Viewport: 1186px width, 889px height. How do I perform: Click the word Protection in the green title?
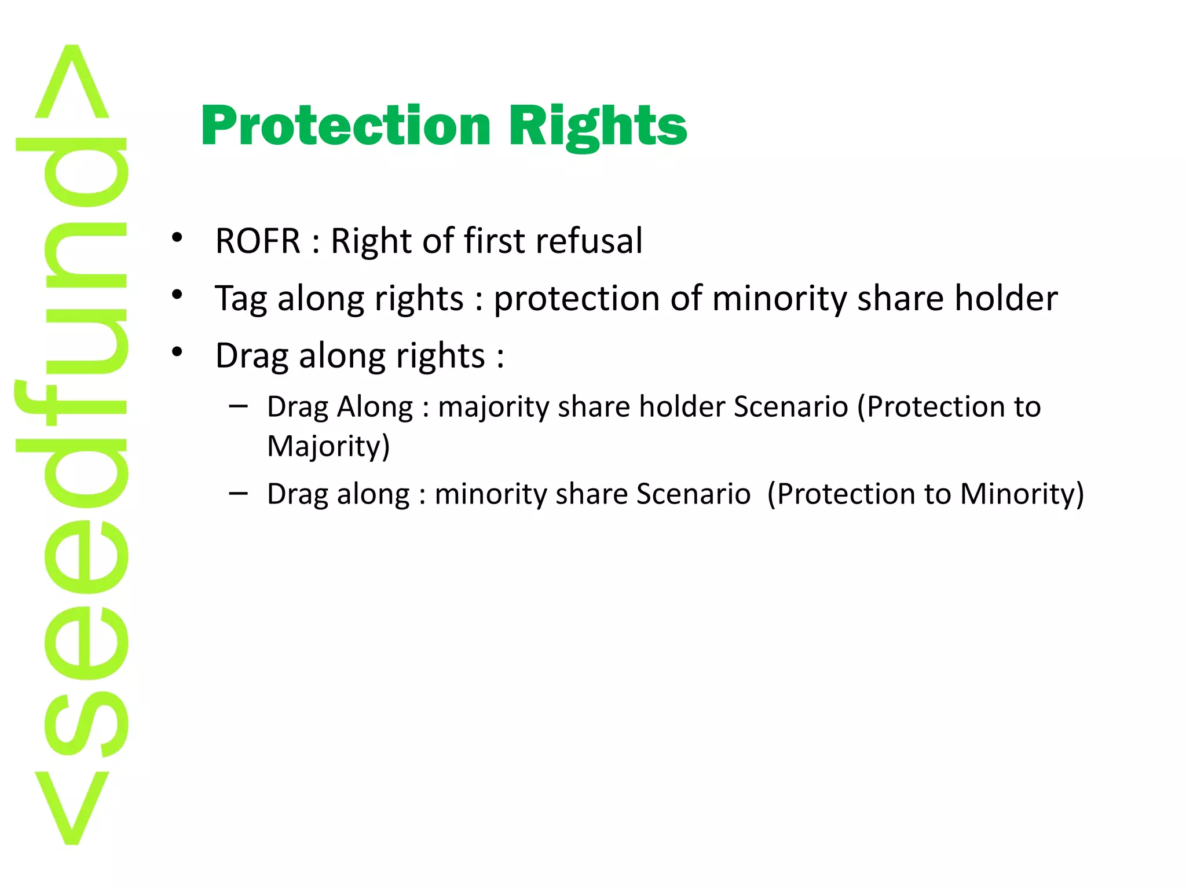tap(346, 126)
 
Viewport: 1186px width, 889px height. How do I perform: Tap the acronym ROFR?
tap(258, 241)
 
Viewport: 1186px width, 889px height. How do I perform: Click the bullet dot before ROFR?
tap(177, 238)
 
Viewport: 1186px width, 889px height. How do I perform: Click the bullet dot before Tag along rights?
tap(177, 295)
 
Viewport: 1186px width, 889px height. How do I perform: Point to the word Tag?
tap(241, 300)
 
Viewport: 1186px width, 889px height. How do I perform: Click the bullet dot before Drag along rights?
tap(177, 352)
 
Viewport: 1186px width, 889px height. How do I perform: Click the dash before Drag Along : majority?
tap(238, 406)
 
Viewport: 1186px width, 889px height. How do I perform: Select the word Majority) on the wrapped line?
tap(328, 446)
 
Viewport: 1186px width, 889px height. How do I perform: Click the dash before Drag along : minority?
tap(238, 493)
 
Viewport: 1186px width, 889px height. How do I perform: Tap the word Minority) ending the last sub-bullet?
tap(1022, 494)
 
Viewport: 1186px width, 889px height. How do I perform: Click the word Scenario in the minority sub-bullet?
tap(693, 494)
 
